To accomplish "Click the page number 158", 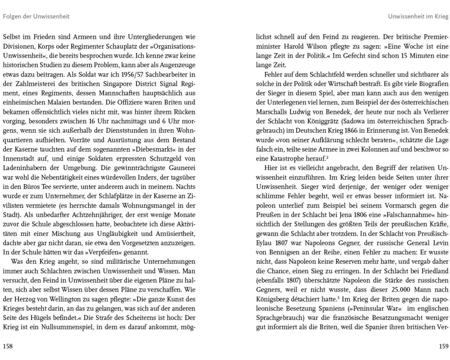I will [x=8, y=346].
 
